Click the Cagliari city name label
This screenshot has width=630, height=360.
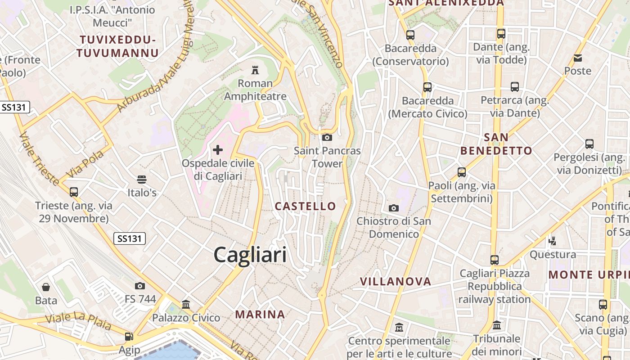click(x=250, y=255)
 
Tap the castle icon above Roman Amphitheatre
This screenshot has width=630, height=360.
click(x=255, y=70)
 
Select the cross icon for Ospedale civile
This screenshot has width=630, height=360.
click(x=218, y=149)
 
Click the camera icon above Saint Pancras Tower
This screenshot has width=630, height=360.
click(x=327, y=137)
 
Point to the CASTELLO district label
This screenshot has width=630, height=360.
click(x=306, y=206)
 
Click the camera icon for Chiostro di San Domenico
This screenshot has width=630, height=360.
click(x=393, y=208)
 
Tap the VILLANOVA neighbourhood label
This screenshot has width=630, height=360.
click(x=396, y=282)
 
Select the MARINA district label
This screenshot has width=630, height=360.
click(x=260, y=315)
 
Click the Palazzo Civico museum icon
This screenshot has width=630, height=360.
click(x=186, y=305)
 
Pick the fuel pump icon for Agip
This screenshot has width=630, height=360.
click(x=129, y=337)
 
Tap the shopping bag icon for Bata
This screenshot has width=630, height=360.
click(x=46, y=287)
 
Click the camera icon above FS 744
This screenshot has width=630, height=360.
click(x=140, y=286)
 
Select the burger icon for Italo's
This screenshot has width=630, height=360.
click(x=142, y=180)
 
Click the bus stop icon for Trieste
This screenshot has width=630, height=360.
click(x=74, y=192)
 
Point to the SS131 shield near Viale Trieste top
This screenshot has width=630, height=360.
click(x=15, y=107)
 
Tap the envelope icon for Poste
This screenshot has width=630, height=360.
click(x=578, y=58)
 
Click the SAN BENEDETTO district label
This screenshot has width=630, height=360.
click(x=496, y=144)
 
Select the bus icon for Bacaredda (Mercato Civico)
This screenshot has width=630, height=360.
click(x=427, y=87)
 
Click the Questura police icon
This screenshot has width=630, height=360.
click(x=553, y=241)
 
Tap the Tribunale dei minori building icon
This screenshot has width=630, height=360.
click(x=497, y=325)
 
